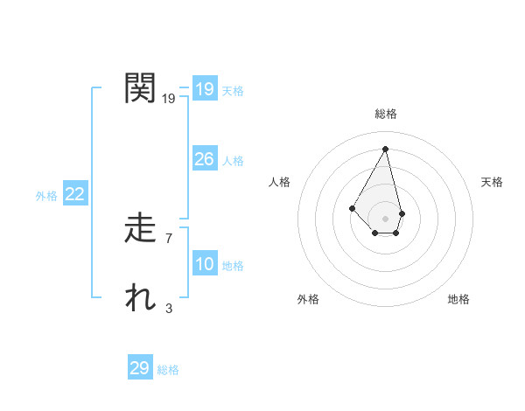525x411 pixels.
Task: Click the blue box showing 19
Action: click(x=204, y=89)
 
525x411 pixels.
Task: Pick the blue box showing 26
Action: click(x=204, y=159)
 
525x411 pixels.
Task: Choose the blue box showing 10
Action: click(x=204, y=264)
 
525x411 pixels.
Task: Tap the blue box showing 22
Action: click(x=74, y=194)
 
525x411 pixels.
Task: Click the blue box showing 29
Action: click(x=139, y=368)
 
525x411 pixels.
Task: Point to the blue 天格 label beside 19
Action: click(x=233, y=91)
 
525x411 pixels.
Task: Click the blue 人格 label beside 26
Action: click(x=233, y=161)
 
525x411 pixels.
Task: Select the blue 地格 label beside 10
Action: click(x=233, y=266)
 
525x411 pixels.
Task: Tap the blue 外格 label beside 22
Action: click(x=46, y=196)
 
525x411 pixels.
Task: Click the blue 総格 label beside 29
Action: click(x=168, y=370)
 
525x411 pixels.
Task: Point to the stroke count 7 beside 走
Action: click(x=169, y=238)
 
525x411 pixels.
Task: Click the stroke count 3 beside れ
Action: click(x=169, y=308)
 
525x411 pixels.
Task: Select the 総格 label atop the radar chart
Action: click(x=386, y=114)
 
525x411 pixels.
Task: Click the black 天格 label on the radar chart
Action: click(x=493, y=182)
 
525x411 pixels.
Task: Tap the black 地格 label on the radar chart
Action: click(x=458, y=299)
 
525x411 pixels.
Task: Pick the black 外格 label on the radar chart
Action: click(x=308, y=299)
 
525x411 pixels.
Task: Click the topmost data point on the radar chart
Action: click(x=386, y=149)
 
